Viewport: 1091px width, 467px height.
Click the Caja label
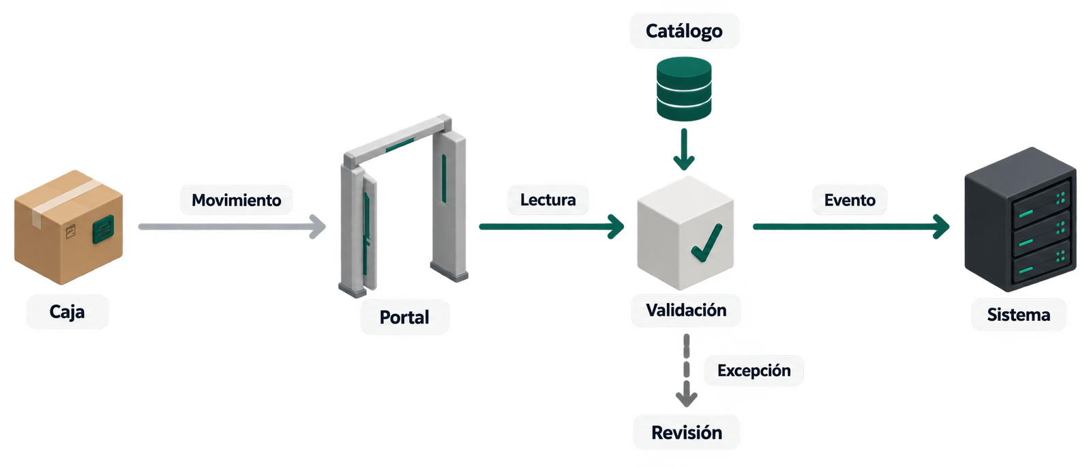click(68, 311)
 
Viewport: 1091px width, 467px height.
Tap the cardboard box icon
click(69, 227)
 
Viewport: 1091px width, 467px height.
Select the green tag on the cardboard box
click(103, 229)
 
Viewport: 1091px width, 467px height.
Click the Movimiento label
click(236, 200)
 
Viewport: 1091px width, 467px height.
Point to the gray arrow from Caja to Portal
click(232, 227)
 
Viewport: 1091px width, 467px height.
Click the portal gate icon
click(403, 206)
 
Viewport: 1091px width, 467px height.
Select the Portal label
click(404, 317)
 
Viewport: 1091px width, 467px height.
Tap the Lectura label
click(548, 200)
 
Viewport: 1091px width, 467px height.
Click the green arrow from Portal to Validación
click(552, 227)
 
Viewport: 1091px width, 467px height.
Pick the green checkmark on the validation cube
click(706, 243)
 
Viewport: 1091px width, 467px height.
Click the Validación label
click(686, 310)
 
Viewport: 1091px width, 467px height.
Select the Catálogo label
click(685, 31)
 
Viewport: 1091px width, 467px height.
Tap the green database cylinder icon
click(684, 89)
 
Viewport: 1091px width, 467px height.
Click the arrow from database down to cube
click(684, 149)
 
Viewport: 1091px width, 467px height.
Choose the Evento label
click(850, 200)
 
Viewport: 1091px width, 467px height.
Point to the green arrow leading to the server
click(852, 227)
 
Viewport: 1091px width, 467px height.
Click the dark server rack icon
click(1020, 219)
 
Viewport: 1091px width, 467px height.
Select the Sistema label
click(1019, 315)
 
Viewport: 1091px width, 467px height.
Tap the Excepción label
click(754, 371)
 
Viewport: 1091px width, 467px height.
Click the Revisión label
click(687, 432)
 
